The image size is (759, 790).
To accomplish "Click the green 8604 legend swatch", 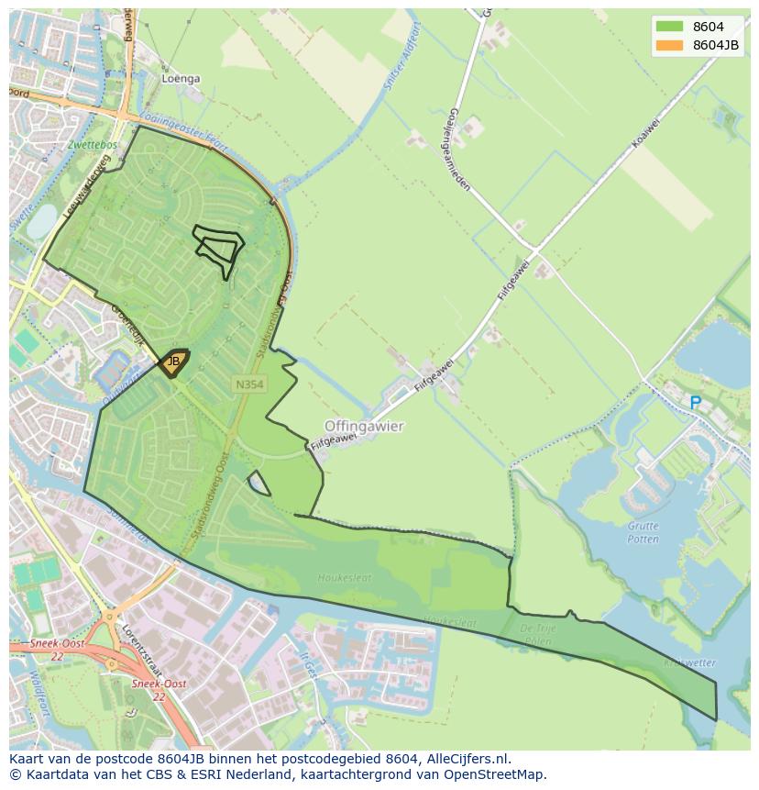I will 669,28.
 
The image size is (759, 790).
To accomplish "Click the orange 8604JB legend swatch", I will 669,45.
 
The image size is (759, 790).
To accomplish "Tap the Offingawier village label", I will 364,427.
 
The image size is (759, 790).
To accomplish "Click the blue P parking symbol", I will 695,403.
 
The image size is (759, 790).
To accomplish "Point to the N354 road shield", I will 249,385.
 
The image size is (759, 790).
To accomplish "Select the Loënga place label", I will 181,79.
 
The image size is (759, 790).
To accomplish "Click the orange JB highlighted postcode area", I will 172,362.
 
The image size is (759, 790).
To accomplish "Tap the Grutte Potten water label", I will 643,532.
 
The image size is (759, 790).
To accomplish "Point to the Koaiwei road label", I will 645,133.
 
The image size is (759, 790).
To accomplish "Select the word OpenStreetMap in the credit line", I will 500,774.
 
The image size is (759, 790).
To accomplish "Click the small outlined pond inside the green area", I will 258,484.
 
